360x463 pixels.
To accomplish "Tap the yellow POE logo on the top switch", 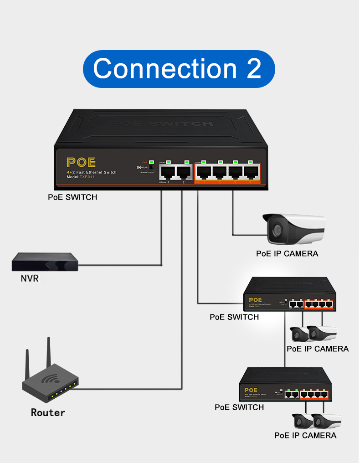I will (81, 163).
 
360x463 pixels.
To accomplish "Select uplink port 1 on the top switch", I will (168, 172).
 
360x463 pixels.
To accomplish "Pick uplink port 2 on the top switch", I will (184, 172).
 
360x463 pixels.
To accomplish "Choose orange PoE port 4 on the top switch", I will (251, 172).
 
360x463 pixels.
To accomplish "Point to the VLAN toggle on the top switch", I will (151, 168).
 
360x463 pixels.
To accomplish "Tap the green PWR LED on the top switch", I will (151, 162).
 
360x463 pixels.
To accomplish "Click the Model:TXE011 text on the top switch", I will (80, 177).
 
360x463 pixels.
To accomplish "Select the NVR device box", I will (45, 262).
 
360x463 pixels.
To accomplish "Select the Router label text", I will (48, 413).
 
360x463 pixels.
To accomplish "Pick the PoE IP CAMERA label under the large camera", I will (287, 254).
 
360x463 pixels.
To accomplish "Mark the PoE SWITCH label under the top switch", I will (72, 197).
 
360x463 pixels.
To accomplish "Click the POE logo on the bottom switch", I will (251, 390).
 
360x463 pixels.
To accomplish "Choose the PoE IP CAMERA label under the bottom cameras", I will (305, 436).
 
